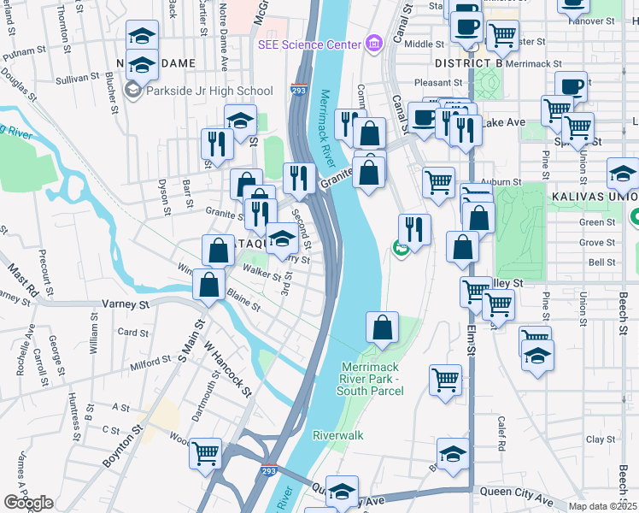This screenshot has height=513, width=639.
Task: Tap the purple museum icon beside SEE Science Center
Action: point(372,44)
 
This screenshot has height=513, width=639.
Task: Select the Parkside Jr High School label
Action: point(209,91)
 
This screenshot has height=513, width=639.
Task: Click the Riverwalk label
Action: point(337,435)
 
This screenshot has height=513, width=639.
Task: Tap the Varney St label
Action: point(126,304)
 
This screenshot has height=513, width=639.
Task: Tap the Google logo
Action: point(28,503)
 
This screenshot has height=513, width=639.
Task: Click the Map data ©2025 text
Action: point(603,506)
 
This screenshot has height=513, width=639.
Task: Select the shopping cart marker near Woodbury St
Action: point(206,454)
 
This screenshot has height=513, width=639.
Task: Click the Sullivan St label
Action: point(79,78)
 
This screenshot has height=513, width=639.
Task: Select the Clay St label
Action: point(595,439)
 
